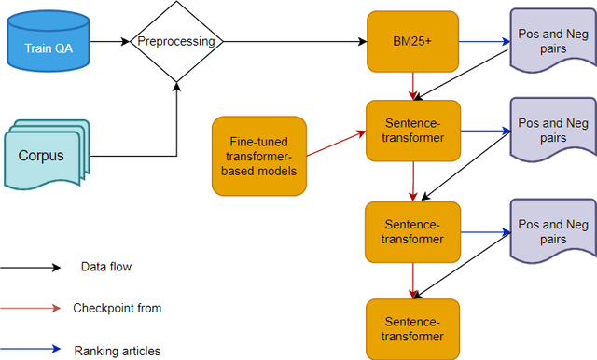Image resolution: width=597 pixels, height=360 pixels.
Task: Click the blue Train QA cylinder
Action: (x=48, y=42)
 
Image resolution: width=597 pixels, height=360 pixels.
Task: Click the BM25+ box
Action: (x=412, y=42)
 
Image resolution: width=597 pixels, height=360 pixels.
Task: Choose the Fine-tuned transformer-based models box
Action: (x=260, y=156)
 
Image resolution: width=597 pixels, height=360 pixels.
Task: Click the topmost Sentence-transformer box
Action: (x=412, y=132)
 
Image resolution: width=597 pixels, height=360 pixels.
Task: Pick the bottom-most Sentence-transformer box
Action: (x=412, y=328)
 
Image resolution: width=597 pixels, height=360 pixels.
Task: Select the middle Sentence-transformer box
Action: (x=412, y=230)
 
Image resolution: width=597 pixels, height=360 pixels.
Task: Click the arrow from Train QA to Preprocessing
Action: (x=109, y=42)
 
